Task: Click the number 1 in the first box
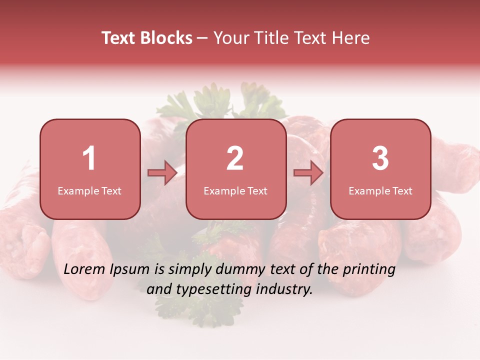[89, 158]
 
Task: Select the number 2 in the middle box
[235, 158]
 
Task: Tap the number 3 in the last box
[380, 158]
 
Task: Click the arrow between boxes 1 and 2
[162, 173]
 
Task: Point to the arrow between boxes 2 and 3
[308, 173]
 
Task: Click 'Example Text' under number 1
[89, 191]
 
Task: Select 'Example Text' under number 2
[235, 191]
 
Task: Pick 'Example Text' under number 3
[380, 191]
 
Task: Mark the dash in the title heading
[202, 38]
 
